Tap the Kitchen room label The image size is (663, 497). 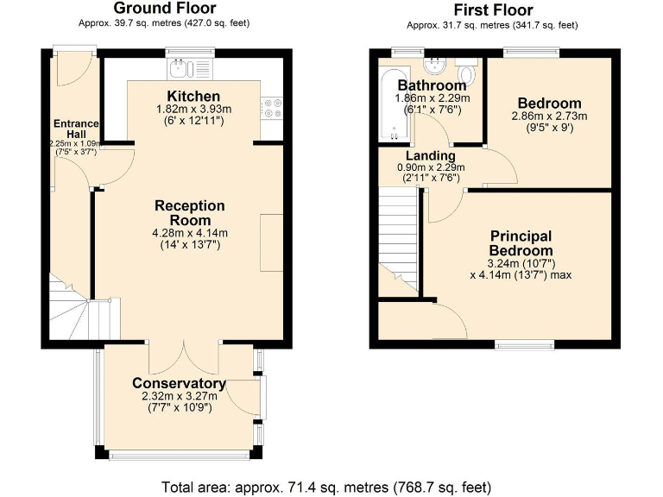tap(193, 96)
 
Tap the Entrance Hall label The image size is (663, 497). tap(76, 129)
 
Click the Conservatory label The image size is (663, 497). tap(180, 383)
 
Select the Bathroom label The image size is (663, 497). tap(432, 85)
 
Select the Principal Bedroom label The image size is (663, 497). tap(521, 243)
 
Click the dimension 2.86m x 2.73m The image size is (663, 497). tap(549, 116)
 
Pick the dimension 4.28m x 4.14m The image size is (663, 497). tap(190, 233)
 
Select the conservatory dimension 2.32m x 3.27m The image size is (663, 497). tap(180, 396)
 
